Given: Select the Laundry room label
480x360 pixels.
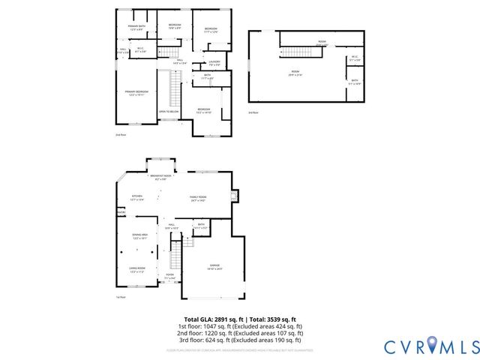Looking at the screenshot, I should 203,63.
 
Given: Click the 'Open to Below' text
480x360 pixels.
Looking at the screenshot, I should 168,112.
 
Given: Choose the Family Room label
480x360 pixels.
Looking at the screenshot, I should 197,198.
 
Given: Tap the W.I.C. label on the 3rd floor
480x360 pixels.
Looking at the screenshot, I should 355,58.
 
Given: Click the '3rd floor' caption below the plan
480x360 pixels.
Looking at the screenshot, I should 253,112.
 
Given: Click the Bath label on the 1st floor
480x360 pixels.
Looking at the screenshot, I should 201,224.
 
